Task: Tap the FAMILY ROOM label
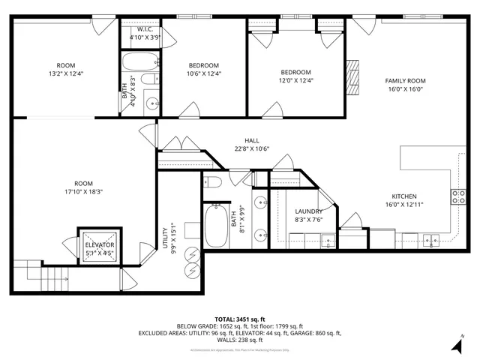pyautogui.click(x=405, y=80)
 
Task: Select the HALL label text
pyautogui.click(x=252, y=140)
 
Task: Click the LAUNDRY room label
pyautogui.click(x=308, y=211)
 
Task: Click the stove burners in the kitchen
pyautogui.click(x=457, y=196)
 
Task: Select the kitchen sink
pyautogui.click(x=430, y=241)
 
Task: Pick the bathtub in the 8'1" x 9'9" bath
pyautogui.click(x=218, y=227)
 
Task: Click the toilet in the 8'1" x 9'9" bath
pyautogui.click(x=212, y=182)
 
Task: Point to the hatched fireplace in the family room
pyautogui.click(x=352, y=73)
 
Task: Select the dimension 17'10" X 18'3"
pyautogui.click(x=82, y=192)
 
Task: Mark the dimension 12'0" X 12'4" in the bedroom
pyautogui.click(x=295, y=80)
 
